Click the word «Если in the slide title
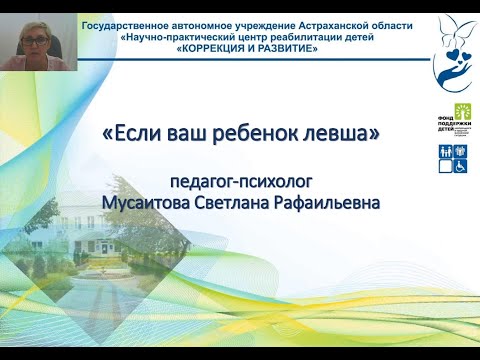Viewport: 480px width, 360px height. click(x=131, y=133)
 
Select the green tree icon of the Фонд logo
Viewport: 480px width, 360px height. click(x=462, y=110)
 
